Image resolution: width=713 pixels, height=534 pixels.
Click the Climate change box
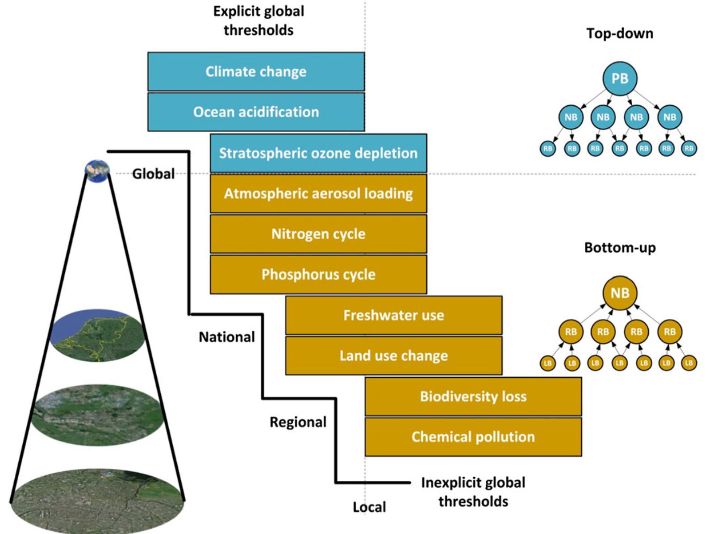click(256, 71)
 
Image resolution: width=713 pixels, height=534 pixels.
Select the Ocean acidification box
click(256, 112)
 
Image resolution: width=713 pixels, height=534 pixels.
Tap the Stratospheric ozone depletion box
click(318, 153)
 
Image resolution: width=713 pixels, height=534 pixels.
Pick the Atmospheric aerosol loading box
click(318, 193)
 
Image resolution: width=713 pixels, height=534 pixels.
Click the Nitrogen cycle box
click(318, 234)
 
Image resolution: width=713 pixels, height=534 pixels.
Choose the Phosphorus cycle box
click(318, 274)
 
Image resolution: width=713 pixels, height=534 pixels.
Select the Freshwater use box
click(393, 315)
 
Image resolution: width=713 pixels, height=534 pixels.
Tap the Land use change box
click(393, 355)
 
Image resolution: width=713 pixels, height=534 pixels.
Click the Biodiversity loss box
click(473, 396)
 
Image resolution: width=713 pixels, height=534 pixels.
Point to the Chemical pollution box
click(473, 437)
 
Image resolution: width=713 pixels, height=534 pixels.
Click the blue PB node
click(619, 79)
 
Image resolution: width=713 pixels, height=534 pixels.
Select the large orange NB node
click(619, 293)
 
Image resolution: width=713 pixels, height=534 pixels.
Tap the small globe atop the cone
click(97, 170)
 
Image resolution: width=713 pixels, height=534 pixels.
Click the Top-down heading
click(619, 33)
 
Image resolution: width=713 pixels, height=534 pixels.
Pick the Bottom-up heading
click(620, 248)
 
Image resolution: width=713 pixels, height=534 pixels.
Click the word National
click(226, 337)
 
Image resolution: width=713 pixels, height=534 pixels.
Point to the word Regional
click(298, 422)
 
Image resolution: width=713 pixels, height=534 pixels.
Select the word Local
click(369, 507)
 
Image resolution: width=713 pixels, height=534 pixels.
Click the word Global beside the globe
click(153, 174)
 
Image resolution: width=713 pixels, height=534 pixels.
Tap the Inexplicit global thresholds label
click(473, 492)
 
